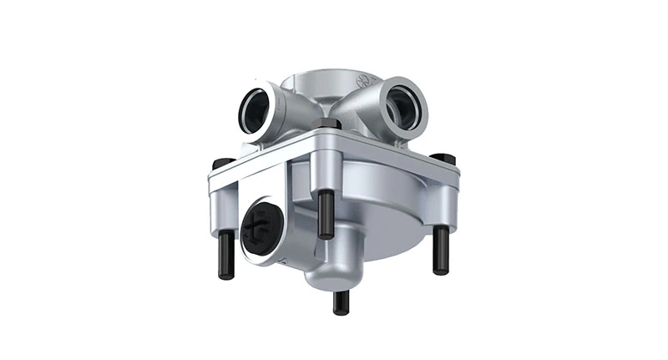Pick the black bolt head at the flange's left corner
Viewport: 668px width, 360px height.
click(222, 162)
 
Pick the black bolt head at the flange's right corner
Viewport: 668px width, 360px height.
click(444, 158)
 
